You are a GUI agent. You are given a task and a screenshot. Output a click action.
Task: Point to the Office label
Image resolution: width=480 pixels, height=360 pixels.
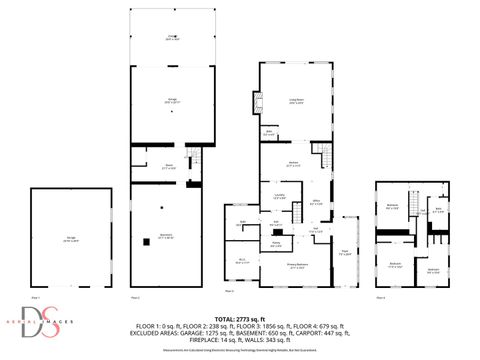pyautogui.click(x=316, y=203)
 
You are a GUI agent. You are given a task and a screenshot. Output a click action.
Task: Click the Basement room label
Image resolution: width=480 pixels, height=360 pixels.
pyautogui.click(x=168, y=237)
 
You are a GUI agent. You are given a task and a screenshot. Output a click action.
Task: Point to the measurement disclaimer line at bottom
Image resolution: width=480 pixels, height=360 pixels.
pyautogui.click(x=239, y=351)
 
